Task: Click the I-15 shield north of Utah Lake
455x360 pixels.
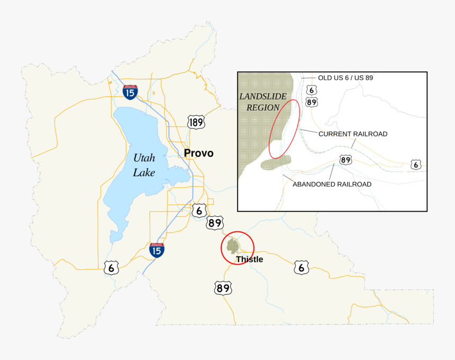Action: click(130, 92)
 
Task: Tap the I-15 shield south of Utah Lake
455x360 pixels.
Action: click(156, 249)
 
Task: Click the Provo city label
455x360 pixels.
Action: click(199, 154)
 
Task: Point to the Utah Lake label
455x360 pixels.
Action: click(144, 165)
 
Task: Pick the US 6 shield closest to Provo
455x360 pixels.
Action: click(199, 210)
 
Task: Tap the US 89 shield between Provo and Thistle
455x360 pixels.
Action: click(214, 223)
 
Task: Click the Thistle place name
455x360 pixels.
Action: click(249, 259)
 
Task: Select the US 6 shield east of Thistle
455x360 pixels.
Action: click(301, 267)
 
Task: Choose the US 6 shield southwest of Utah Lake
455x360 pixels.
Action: click(111, 267)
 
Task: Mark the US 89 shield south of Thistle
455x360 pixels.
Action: click(223, 288)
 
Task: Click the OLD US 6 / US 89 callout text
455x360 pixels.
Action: click(345, 78)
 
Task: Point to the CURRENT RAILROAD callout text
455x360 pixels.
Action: click(353, 134)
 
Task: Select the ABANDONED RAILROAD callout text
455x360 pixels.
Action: click(332, 184)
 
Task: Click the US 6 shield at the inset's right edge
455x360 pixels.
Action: click(416, 165)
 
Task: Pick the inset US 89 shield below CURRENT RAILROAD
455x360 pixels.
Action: click(346, 160)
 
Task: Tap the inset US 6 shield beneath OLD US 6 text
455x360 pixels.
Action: click(311, 91)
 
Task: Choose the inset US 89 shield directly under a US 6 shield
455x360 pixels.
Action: click(311, 102)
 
